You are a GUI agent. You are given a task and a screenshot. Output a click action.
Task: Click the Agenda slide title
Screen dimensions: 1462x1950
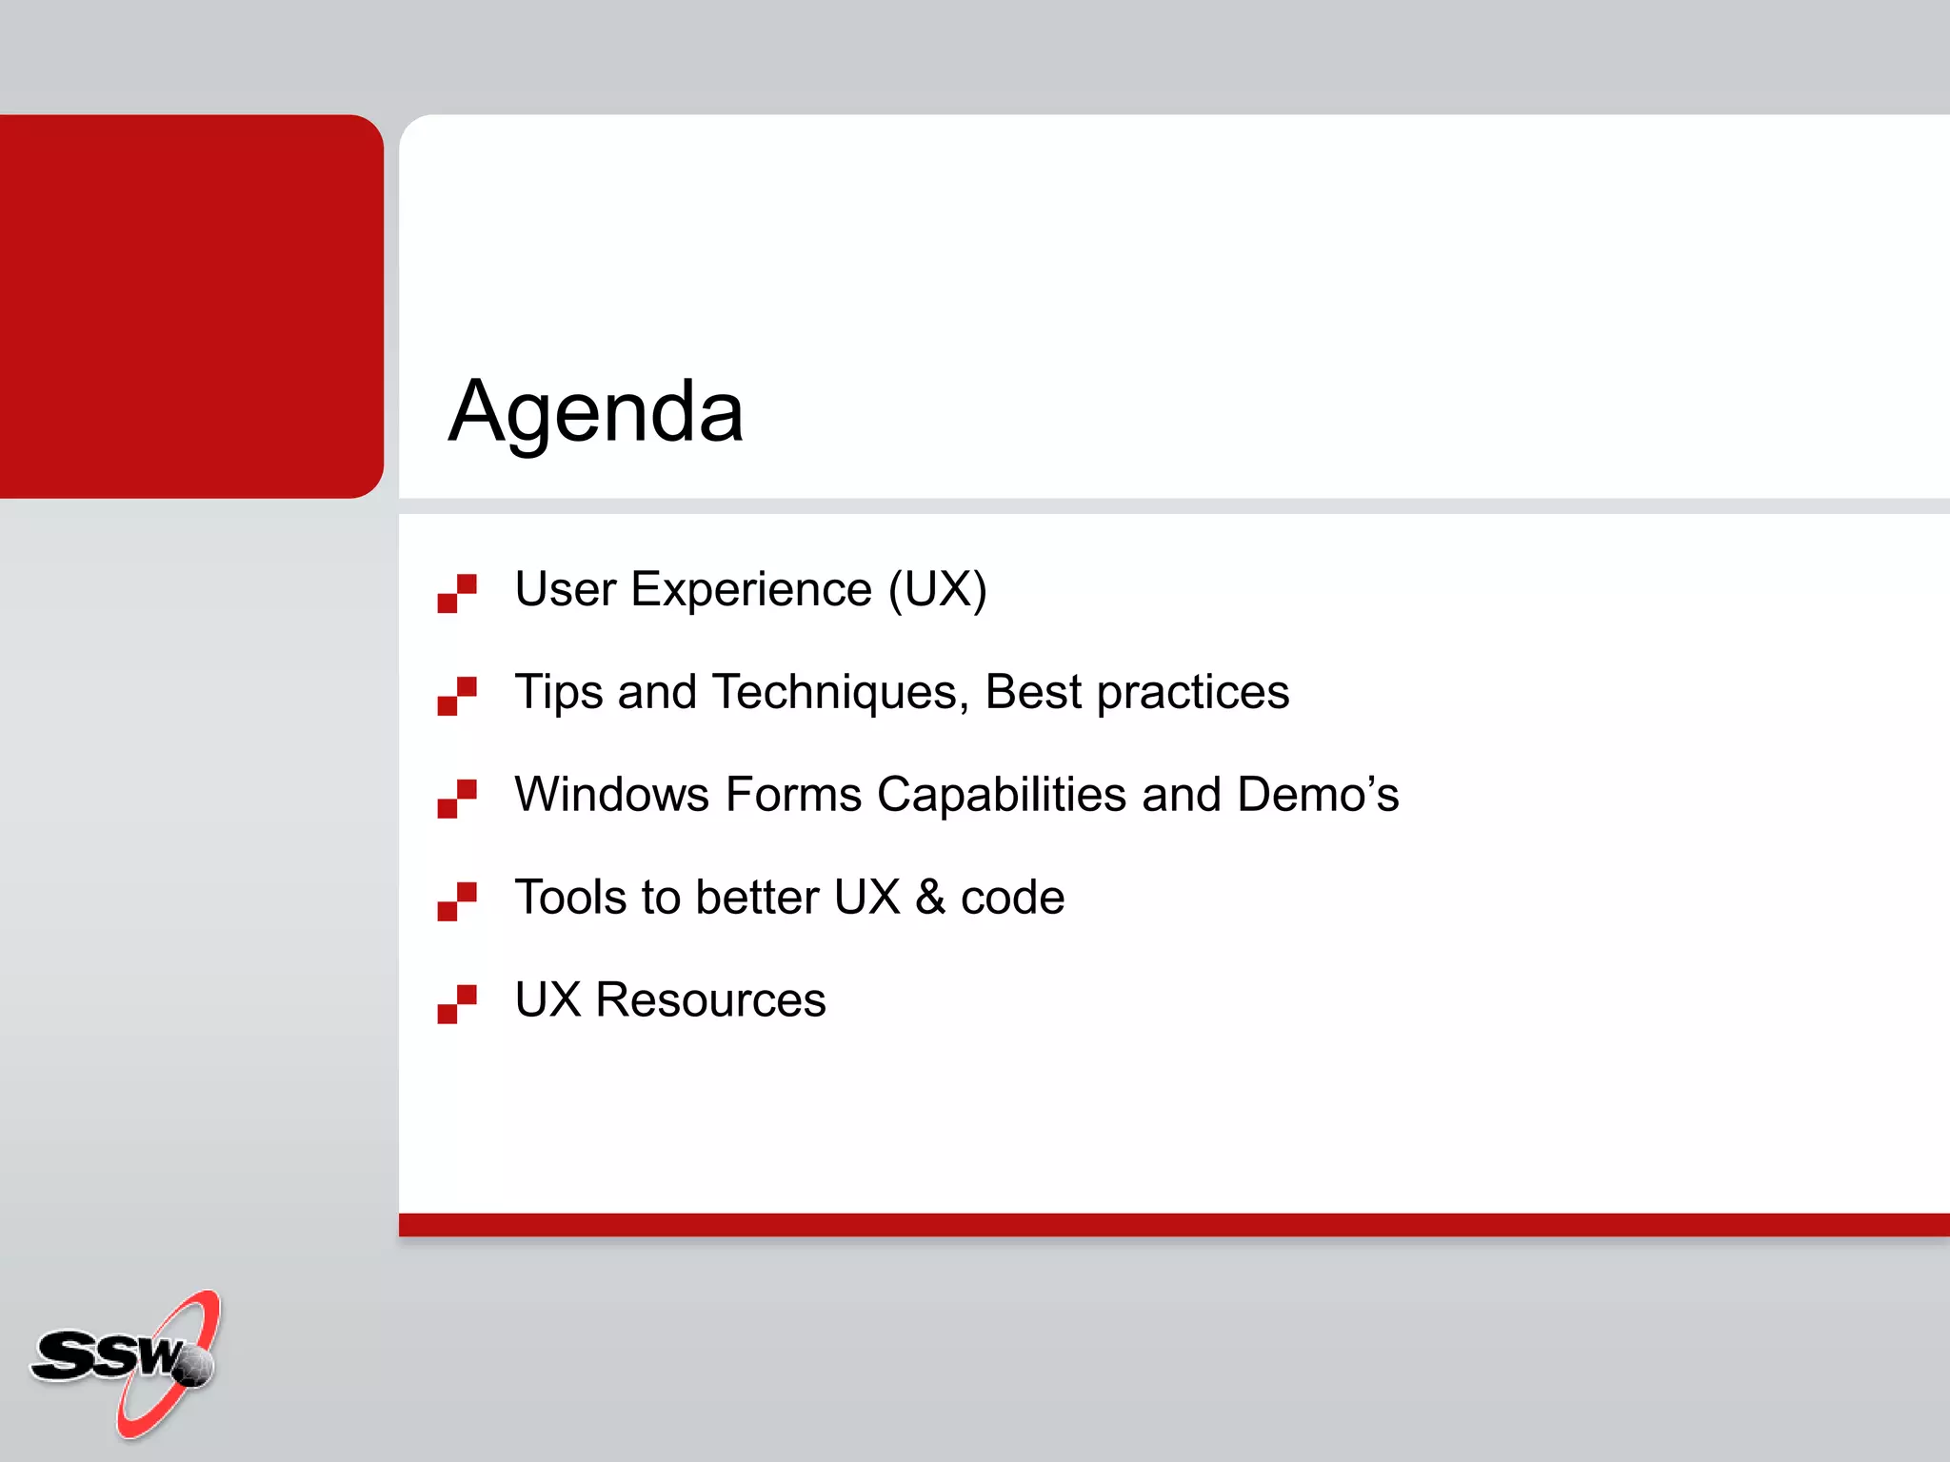click(596, 411)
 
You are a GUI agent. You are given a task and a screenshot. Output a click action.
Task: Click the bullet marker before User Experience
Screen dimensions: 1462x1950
click(457, 593)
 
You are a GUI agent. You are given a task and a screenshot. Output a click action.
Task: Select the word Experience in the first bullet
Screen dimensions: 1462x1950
click(751, 590)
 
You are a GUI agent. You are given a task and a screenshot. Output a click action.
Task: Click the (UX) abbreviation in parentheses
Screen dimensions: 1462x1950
click(938, 590)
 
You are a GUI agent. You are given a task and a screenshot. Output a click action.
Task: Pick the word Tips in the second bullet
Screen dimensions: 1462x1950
click(558, 693)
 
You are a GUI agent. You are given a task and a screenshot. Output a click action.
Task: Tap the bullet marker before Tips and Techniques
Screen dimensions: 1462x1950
click(457, 696)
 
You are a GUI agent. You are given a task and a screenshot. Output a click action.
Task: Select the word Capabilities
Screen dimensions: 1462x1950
click(1001, 795)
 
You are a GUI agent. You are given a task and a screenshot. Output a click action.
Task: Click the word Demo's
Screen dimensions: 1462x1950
click(1318, 795)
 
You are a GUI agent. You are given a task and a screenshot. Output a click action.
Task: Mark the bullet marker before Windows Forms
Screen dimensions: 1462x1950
click(457, 799)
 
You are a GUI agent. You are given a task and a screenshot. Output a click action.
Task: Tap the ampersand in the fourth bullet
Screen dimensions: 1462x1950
click(930, 898)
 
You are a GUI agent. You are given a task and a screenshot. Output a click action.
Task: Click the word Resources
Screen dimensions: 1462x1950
click(710, 1000)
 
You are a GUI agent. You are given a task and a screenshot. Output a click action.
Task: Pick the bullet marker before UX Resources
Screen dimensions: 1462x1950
click(457, 1004)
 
